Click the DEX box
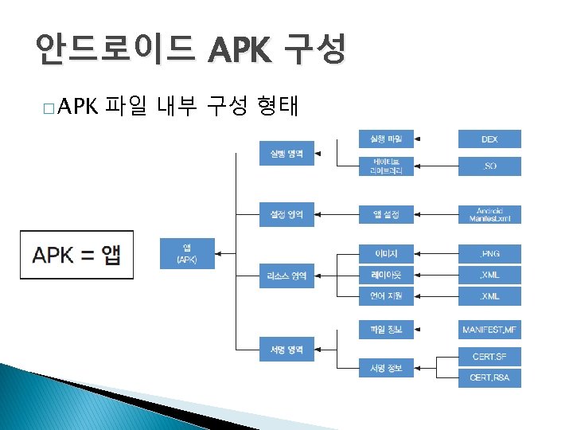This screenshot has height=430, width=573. point(489,139)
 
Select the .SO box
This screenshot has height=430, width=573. point(489,166)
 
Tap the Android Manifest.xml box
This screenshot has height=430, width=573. point(489,215)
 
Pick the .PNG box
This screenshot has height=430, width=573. point(489,254)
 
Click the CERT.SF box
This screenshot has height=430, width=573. point(489,355)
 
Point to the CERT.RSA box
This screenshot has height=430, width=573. point(489,378)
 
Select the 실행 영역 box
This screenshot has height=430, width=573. point(286,153)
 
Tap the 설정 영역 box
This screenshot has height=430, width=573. point(286,215)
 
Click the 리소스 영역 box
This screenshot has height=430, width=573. point(286,276)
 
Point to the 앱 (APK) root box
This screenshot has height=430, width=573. point(187,252)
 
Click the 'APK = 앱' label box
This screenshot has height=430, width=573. point(77,255)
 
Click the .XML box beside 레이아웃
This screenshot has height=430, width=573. point(489,276)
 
